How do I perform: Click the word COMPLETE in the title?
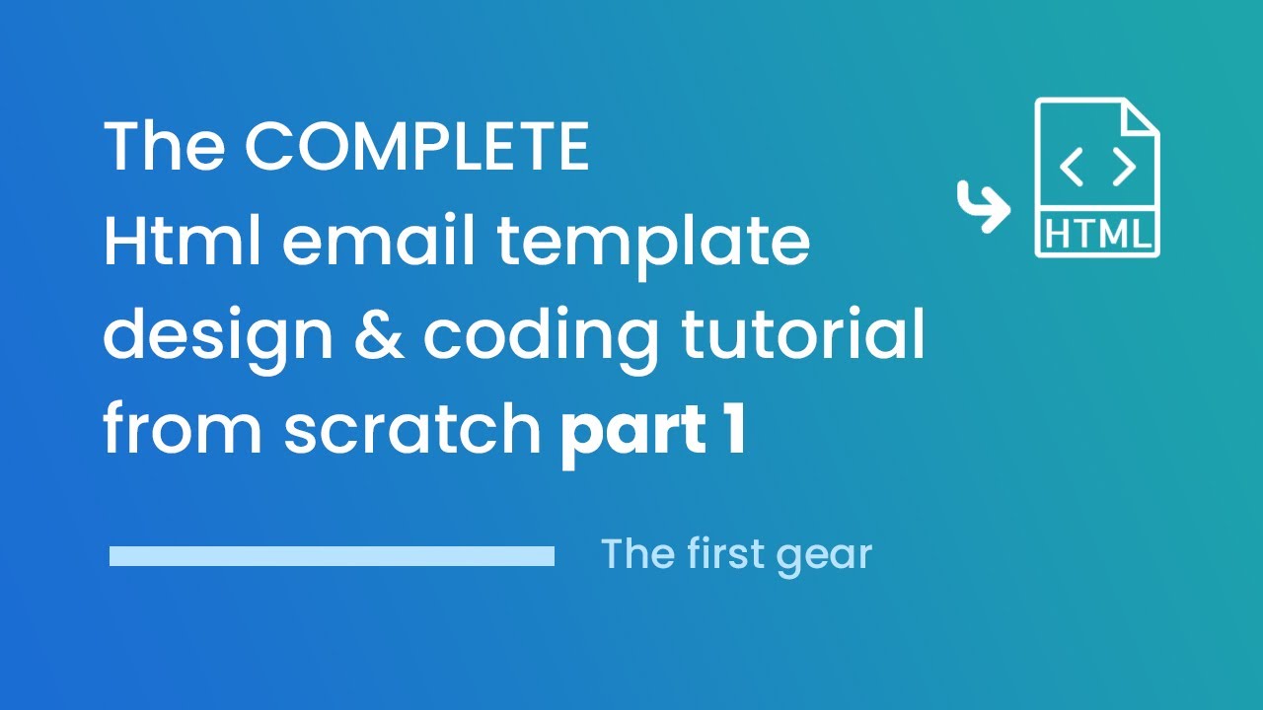tap(416, 148)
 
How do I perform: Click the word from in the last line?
tap(184, 432)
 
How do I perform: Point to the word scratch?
tap(413, 430)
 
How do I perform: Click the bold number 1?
tap(731, 430)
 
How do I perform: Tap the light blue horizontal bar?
tap(332, 557)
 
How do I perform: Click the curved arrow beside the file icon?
tap(983, 206)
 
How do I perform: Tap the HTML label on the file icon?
tap(1097, 236)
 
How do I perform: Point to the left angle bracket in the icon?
tap(1071, 169)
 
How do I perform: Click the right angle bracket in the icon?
tap(1124, 169)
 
